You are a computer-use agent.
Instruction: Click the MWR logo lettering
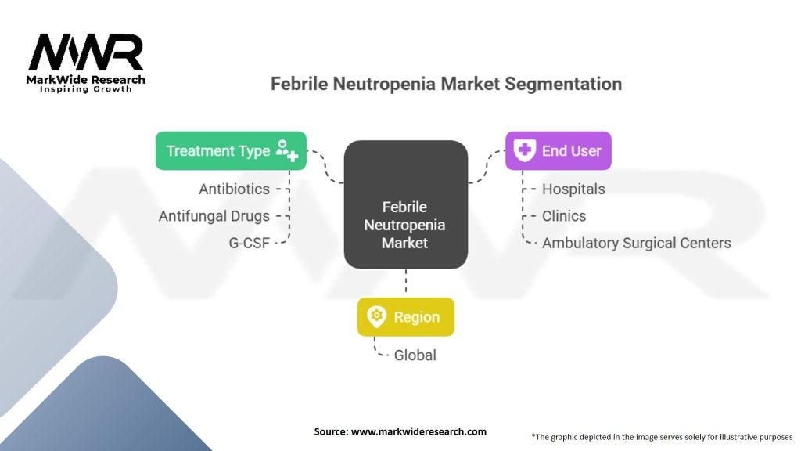coord(86,52)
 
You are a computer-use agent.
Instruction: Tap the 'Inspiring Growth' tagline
coord(86,90)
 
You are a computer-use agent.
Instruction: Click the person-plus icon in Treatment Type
coord(286,151)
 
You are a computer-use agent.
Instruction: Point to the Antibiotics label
coord(234,189)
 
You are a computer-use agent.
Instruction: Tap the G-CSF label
coord(249,243)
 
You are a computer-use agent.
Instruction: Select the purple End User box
coord(558,151)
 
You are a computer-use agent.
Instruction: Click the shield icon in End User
coord(525,151)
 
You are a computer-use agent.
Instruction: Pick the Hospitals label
coord(573,189)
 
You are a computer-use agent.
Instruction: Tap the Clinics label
coord(564,216)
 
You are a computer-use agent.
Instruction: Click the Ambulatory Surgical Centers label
coord(636,243)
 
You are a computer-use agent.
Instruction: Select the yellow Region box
coord(405,317)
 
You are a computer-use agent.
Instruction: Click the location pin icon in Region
coord(377,317)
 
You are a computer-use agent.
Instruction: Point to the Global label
coord(415,355)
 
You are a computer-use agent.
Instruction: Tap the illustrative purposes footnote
coord(661,436)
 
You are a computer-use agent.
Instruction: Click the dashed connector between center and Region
coord(405,282)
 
